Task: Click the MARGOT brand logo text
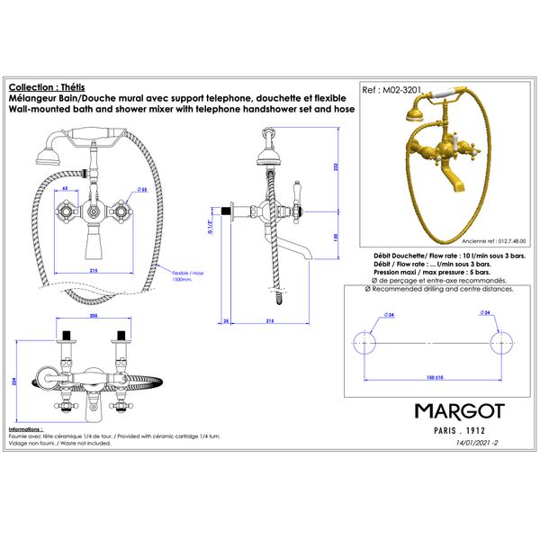459,411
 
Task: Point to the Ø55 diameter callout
142,190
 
